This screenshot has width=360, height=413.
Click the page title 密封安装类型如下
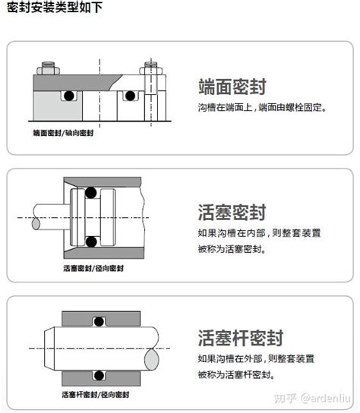55,7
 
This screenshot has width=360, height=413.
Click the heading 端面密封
232,87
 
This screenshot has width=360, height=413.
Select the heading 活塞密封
232,213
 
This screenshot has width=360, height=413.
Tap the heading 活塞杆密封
241,338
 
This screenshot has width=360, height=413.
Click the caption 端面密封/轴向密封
63,133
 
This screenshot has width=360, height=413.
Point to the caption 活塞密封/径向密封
93,269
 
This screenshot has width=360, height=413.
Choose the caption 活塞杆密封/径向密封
96,395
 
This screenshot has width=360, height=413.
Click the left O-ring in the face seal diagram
69,96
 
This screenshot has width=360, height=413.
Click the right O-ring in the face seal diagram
130,96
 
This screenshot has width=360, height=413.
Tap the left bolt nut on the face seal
48,69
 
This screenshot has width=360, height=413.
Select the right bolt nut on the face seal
150,69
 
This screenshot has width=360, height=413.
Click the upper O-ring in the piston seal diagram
90,193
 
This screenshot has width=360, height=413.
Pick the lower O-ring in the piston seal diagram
91,241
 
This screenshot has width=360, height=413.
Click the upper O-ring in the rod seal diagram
99,322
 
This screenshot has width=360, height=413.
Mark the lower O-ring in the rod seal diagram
99,375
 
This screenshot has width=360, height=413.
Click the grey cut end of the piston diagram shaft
36,224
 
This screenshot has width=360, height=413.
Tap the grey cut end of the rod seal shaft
152,359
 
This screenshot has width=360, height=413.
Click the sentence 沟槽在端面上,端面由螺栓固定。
262,108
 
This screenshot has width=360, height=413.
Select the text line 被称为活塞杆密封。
236,374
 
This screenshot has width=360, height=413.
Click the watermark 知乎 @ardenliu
312,399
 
